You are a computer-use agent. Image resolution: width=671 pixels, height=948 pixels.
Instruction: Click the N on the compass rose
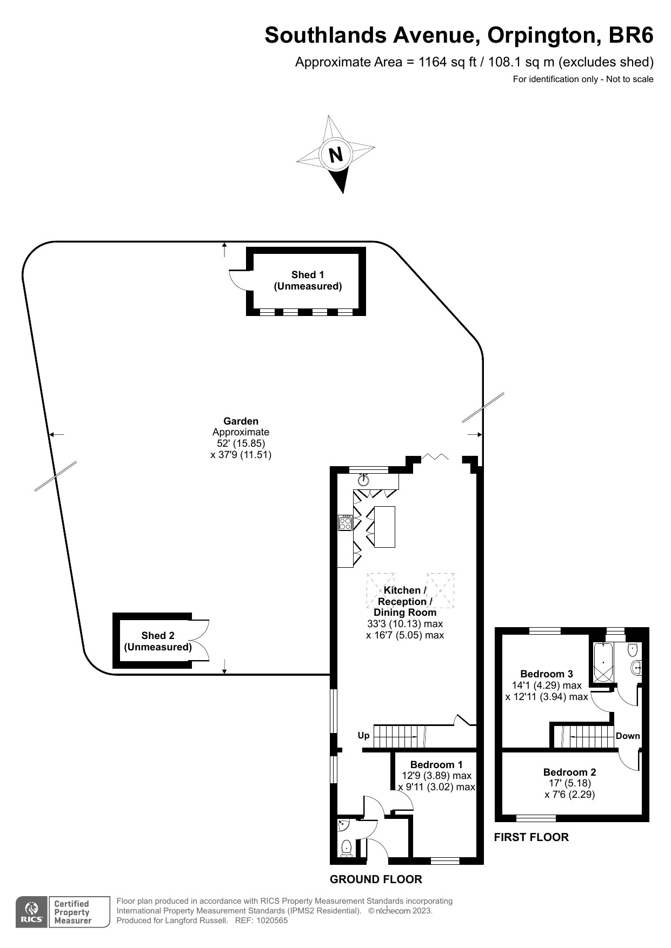click(336, 154)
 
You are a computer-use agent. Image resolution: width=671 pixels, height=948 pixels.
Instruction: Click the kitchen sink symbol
click(363, 479)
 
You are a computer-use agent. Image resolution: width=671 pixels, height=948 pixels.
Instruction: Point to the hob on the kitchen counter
click(346, 523)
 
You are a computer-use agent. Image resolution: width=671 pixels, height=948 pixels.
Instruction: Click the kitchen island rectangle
click(384, 527)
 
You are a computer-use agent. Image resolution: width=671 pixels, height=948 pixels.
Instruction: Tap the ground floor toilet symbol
click(347, 849)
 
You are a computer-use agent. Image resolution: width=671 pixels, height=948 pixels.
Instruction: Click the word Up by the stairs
click(364, 736)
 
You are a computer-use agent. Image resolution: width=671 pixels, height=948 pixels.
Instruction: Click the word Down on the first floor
click(628, 736)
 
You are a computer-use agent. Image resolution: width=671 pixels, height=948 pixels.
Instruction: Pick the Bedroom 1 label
click(436, 764)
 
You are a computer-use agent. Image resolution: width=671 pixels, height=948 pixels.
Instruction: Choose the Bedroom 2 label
click(569, 772)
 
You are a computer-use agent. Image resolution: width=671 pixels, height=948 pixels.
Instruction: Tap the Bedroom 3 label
click(546, 674)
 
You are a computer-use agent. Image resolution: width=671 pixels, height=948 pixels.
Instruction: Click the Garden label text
click(241, 421)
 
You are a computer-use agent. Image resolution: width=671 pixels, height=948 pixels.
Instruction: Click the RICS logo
click(31, 912)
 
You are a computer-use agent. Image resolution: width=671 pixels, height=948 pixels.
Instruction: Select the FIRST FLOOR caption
click(531, 837)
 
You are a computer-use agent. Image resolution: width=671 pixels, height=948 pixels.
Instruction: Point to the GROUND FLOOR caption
click(376, 879)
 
